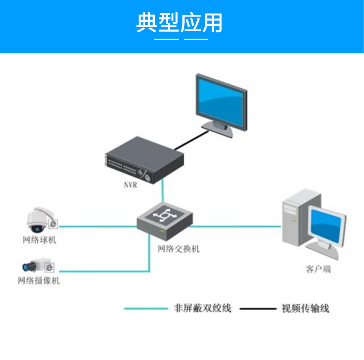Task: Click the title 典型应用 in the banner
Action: (x=179, y=23)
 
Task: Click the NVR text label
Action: (x=131, y=185)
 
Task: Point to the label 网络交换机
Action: (x=178, y=249)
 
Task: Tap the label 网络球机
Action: (x=39, y=240)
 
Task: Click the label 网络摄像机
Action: (x=39, y=281)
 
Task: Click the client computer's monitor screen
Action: (x=326, y=224)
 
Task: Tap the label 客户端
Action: (x=318, y=269)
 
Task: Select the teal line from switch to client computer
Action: (x=235, y=226)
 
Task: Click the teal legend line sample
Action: (x=146, y=308)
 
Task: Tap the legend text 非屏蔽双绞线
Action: (x=202, y=308)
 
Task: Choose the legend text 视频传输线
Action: (x=305, y=308)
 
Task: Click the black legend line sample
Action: (x=257, y=308)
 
